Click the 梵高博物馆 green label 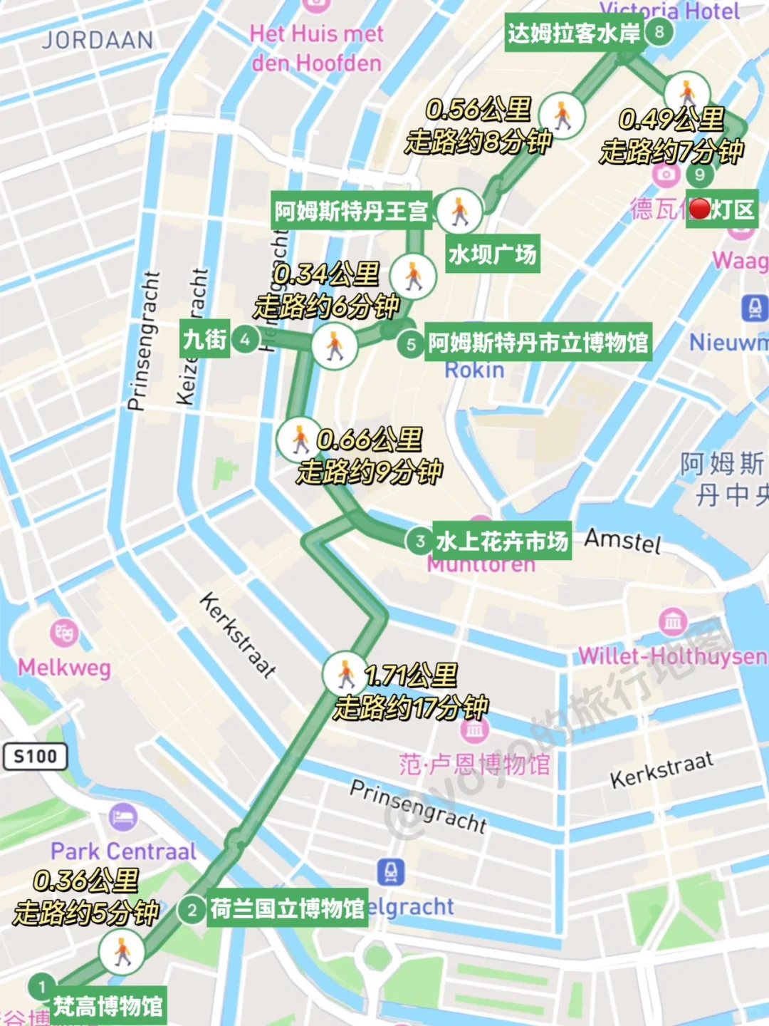tap(108, 1006)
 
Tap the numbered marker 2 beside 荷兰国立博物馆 tap(192, 910)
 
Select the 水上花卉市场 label tap(502, 541)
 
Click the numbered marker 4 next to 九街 tap(246, 339)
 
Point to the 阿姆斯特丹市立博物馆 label tap(538, 343)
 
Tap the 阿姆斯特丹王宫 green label tap(351, 211)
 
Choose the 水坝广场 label tap(492, 254)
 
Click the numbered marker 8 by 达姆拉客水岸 tap(659, 31)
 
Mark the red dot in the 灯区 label tap(700, 209)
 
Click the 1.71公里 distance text tap(411, 674)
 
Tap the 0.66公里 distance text tap(370, 439)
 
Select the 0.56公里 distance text tap(478, 109)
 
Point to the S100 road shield tap(36, 756)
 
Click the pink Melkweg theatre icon tap(64, 632)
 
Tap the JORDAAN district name tap(98, 40)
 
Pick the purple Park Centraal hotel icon tap(123, 817)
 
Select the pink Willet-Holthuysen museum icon tap(673, 622)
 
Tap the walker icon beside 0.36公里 tap(122, 952)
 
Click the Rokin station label tap(474, 370)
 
